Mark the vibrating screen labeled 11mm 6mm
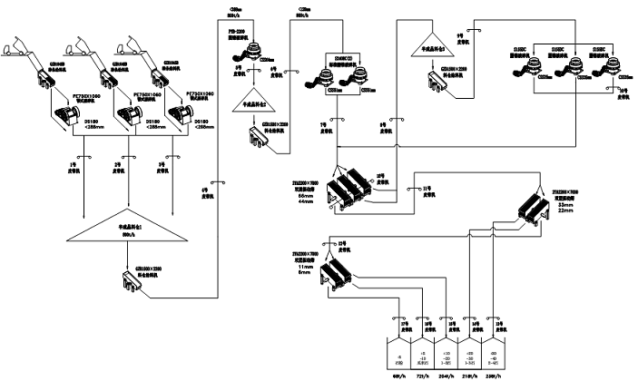[336, 268]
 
